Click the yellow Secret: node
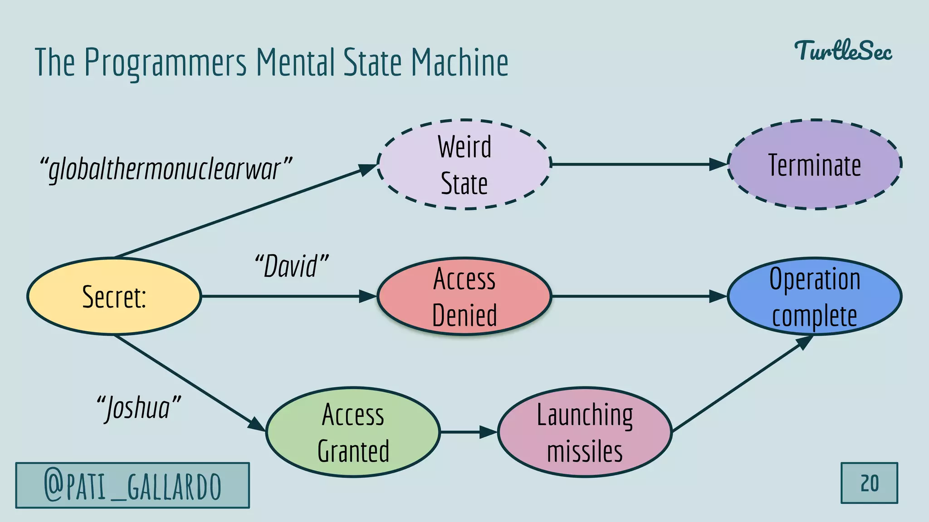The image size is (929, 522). click(114, 296)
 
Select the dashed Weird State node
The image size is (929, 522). click(464, 164)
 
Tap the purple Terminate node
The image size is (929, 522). click(814, 164)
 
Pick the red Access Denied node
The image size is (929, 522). click(464, 296)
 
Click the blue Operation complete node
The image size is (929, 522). click(814, 296)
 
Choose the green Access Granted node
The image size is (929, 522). click(353, 432)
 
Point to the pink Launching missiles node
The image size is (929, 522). click(585, 432)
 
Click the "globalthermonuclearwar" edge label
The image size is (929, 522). click(166, 169)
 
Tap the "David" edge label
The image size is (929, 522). click(291, 266)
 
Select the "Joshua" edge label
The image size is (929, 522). click(138, 407)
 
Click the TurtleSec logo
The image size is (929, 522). click(843, 51)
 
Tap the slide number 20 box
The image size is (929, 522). click(869, 483)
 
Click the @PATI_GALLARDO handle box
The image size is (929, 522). click(132, 485)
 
